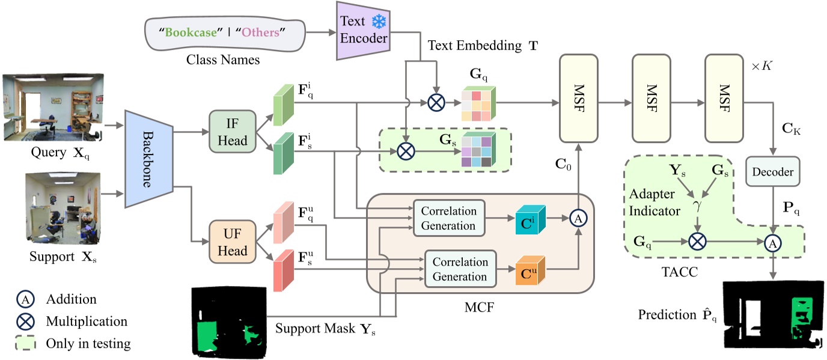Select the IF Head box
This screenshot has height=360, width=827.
pyautogui.click(x=228, y=130)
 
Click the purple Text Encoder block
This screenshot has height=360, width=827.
pyautogui.click(x=361, y=31)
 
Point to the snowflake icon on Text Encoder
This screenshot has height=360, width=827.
pyautogui.click(x=379, y=22)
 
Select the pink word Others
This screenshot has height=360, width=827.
pyautogui.click(x=261, y=32)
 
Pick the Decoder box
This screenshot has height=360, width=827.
pyautogui.click(x=772, y=172)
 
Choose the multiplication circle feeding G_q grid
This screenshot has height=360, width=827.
pyautogui.click(x=435, y=102)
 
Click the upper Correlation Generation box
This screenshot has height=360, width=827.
pyautogui.click(x=449, y=219)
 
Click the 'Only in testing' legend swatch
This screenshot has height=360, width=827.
pyautogui.click(x=26, y=343)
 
